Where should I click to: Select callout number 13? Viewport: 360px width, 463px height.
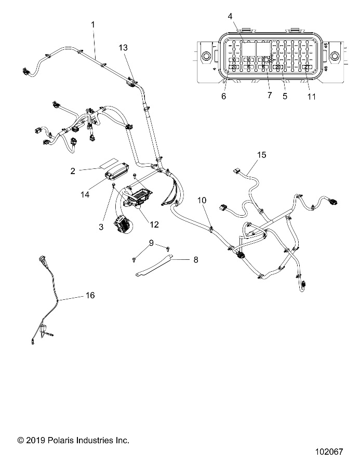pyautogui.click(x=123, y=47)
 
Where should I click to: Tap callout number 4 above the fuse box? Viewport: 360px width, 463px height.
pyautogui.click(x=230, y=16)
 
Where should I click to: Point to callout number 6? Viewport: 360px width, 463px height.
pyautogui.click(x=224, y=96)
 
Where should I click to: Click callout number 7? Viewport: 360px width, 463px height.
pyautogui.click(x=270, y=96)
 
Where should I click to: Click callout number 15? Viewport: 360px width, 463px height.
pyautogui.click(x=261, y=155)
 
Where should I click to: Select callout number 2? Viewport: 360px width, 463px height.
pyautogui.click(x=73, y=170)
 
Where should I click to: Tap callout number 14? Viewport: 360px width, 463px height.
pyautogui.click(x=85, y=194)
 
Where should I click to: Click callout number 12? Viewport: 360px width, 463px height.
pyautogui.click(x=154, y=224)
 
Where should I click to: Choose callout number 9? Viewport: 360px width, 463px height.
pyautogui.click(x=151, y=242)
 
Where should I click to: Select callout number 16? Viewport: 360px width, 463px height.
pyautogui.click(x=90, y=295)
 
